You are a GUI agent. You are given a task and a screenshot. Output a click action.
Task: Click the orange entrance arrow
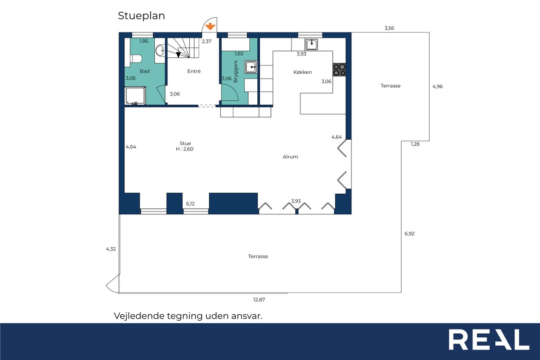(x=210, y=26)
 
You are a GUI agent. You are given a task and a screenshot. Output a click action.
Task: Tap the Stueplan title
(x=141, y=16)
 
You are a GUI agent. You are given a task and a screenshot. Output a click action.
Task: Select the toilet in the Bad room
(x=136, y=59)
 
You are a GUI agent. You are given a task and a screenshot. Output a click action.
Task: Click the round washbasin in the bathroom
(x=160, y=51)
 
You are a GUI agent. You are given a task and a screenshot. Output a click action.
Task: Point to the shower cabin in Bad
(x=135, y=96)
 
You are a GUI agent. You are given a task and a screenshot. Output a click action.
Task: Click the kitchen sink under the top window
(x=311, y=44)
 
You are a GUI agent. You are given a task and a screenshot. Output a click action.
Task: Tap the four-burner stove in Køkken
(x=339, y=70)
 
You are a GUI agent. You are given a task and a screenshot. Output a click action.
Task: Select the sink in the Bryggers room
(x=251, y=67)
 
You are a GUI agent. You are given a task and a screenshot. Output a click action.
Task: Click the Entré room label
(x=194, y=71)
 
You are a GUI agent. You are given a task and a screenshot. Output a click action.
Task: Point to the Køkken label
(x=302, y=72)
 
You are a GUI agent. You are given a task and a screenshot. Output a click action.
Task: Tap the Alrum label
(x=290, y=157)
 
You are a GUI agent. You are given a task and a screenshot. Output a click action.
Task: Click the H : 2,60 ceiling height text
(x=184, y=149)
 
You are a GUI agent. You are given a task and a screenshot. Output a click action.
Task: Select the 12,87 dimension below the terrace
(x=259, y=300)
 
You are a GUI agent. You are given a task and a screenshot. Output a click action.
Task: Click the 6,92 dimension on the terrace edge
(x=409, y=234)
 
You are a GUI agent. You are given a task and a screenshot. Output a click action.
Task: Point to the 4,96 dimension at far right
(x=437, y=87)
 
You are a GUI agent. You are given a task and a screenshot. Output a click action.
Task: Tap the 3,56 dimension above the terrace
(x=389, y=28)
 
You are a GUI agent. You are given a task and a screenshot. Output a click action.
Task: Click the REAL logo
(x=489, y=339)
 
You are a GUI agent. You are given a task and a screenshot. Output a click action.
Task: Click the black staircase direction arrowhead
(x=178, y=55)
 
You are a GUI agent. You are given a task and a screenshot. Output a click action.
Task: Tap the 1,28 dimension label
(x=415, y=144)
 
